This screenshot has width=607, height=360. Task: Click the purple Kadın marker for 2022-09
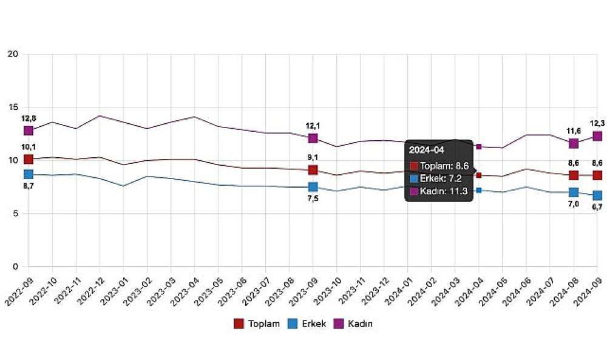29,131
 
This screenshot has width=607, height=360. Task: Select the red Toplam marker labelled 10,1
29,159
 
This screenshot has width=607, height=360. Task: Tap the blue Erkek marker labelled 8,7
29,174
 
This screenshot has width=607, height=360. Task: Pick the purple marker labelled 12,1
313,138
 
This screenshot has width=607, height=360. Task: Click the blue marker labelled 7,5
313,187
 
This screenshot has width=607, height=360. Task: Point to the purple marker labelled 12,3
597,136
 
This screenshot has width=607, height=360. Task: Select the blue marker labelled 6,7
597,195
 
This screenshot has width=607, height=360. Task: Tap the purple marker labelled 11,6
574,143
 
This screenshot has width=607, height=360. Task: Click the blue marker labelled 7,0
574,192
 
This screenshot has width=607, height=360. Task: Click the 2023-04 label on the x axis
183,290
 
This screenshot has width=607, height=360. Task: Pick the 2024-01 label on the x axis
396,290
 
